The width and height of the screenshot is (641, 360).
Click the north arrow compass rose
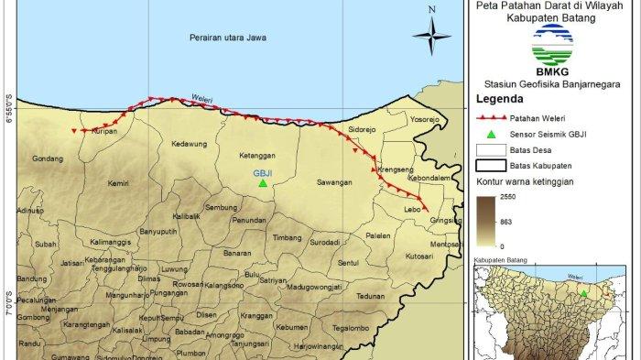(x=430, y=36)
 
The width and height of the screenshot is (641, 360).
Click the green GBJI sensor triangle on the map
(x=262, y=183)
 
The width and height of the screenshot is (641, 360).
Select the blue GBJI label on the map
(x=264, y=171)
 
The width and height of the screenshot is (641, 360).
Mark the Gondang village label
(x=47, y=158)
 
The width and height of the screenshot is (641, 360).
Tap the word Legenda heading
(x=501, y=97)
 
